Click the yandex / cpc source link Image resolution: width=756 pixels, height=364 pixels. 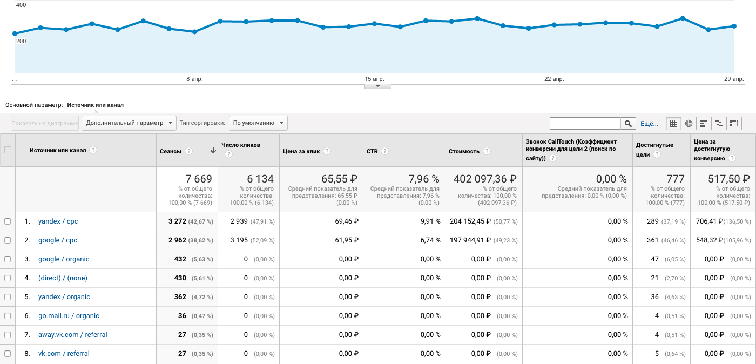[x=58, y=221]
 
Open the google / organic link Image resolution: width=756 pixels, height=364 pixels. [x=64, y=259]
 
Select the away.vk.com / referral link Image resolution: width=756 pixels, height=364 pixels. [x=72, y=335]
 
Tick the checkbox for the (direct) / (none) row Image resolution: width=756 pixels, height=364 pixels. [x=8, y=278]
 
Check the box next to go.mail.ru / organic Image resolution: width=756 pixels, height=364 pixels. [x=8, y=316]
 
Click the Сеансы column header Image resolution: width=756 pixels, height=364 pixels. [x=171, y=151]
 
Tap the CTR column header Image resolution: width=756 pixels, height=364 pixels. [x=372, y=151]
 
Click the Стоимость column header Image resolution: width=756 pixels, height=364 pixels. [x=464, y=151]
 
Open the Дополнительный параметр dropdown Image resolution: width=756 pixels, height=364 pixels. [x=129, y=123]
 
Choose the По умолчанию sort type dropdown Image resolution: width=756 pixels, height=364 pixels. [x=258, y=123]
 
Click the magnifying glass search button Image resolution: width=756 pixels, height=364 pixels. [x=628, y=123]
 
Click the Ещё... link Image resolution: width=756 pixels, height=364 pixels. [x=649, y=124]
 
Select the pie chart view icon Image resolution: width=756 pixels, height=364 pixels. [x=688, y=123]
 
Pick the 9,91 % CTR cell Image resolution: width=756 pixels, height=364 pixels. [x=430, y=221]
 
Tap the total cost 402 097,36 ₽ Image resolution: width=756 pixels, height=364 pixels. [x=485, y=179]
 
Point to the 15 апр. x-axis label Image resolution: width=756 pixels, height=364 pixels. [x=374, y=79]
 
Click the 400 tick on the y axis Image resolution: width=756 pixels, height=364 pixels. [x=21, y=5]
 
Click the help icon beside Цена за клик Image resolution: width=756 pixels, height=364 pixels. [x=327, y=151]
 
